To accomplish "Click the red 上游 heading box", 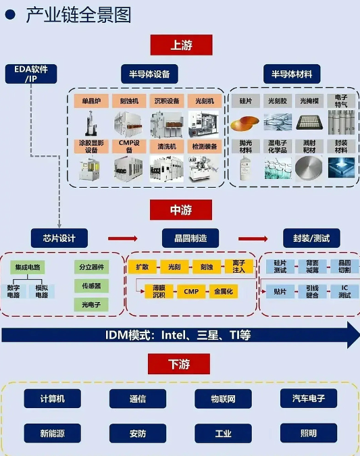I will [181, 45].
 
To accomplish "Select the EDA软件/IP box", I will [31, 74].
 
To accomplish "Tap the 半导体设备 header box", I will [149, 74].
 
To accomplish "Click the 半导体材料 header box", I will [292, 74].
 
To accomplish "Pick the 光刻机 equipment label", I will [203, 101].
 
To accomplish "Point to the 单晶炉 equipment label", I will [91, 101].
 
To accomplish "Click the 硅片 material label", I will [245, 100].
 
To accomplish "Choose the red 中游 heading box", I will [181, 210].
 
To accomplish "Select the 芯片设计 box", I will [59, 238].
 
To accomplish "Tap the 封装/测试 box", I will [311, 238].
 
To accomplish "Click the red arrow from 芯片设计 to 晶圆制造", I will [122, 238].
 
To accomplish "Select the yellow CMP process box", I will [190, 291].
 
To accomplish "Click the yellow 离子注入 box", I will [238, 266].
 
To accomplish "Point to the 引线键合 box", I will [311, 292].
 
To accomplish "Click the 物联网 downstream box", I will [223, 399].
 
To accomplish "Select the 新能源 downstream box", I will [52, 433].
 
